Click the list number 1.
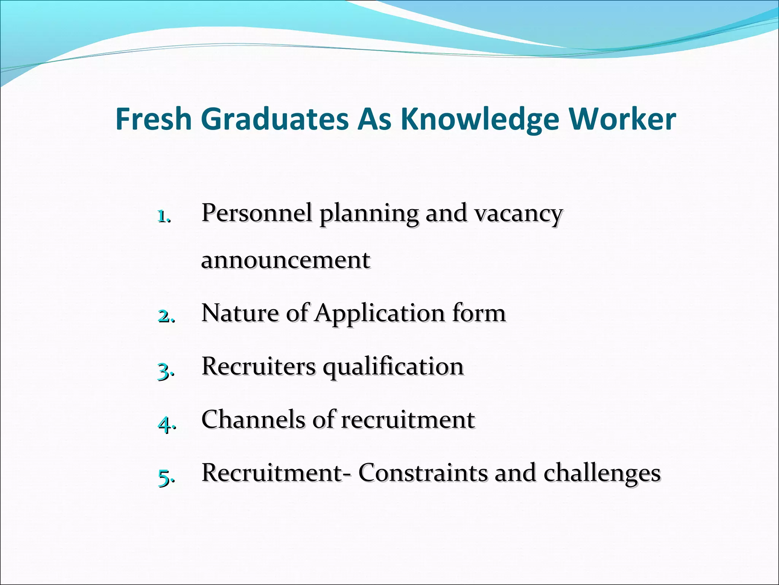[164, 216]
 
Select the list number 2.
[166, 316]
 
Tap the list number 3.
[166, 370]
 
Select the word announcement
[286, 261]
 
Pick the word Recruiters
[259, 366]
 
